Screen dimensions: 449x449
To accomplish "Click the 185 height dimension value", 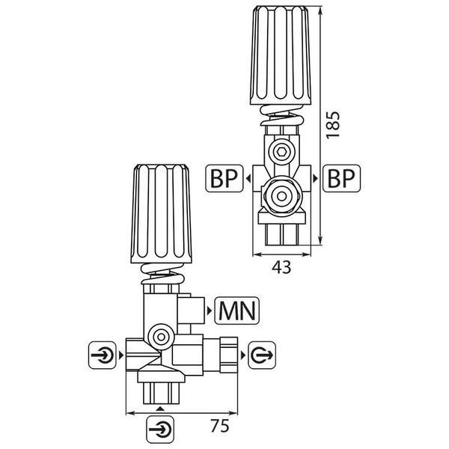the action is pos(333,125).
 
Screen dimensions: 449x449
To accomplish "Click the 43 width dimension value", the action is pos(281,267).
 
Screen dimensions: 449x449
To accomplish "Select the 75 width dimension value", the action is pos(220,426).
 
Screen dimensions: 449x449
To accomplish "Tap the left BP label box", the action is pos(224,178).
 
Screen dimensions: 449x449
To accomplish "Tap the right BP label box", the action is pos(341,178).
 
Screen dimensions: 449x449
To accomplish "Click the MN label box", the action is pos(236,311).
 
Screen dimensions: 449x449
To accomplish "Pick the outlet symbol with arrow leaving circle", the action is pos(261,355).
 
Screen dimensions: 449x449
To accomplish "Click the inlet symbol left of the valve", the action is pos(103,355).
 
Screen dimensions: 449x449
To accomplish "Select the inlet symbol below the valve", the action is pos(160,430).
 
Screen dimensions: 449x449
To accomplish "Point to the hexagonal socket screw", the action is pos(282,150).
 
